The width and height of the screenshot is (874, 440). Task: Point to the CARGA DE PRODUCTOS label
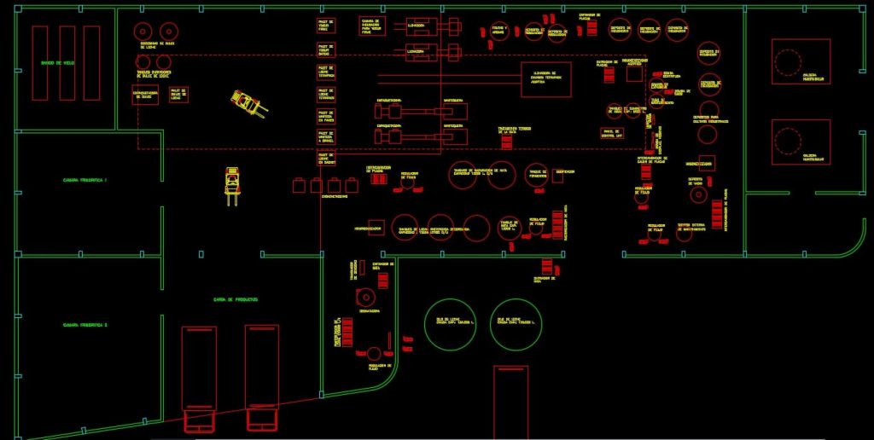click(x=236, y=299)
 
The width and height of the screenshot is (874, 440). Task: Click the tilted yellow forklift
click(x=247, y=103)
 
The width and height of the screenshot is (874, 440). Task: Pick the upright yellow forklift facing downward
click(x=232, y=184)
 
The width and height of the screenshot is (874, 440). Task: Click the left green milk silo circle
click(x=450, y=324)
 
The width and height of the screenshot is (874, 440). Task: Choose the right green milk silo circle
click(x=516, y=324)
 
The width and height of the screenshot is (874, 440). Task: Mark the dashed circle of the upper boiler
click(x=787, y=61)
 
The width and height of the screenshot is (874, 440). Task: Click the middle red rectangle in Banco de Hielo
click(x=67, y=63)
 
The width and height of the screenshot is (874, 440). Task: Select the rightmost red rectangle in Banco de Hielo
click(x=91, y=63)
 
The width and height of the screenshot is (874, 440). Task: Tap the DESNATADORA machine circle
click(x=366, y=298)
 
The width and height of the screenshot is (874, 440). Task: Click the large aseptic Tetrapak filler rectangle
click(x=546, y=79)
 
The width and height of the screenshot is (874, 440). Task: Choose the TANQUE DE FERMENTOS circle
click(x=537, y=174)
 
